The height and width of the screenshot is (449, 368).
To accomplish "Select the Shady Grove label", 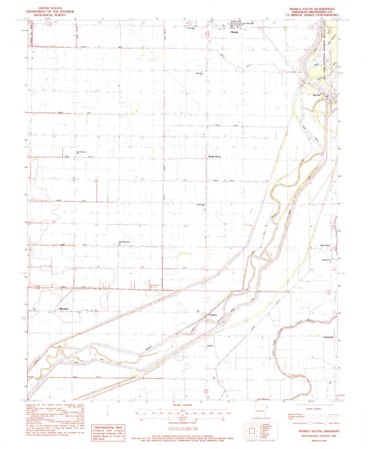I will click(x=215, y=157).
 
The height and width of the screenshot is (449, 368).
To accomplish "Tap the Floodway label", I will click(x=213, y=318).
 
